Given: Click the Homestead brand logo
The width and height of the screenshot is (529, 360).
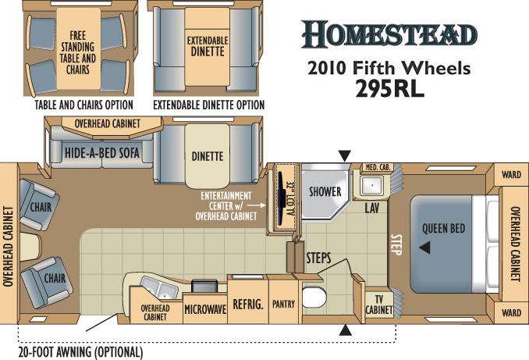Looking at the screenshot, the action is click(x=389, y=34).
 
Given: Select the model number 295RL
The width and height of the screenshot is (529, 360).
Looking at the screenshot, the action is click(x=389, y=89).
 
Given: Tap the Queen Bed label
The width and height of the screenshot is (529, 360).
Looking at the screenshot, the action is click(x=444, y=228).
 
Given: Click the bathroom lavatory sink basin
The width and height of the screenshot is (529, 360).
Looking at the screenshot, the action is click(x=371, y=185).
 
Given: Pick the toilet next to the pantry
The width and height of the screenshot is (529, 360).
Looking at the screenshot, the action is click(x=314, y=298).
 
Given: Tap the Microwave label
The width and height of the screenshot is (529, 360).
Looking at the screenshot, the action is click(x=205, y=309).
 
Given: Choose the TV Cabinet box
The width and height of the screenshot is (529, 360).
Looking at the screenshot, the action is click(x=379, y=305).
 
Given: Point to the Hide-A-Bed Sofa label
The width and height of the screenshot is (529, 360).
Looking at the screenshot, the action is click(x=102, y=153).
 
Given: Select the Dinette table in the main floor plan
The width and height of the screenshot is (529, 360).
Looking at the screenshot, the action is click(x=207, y=155).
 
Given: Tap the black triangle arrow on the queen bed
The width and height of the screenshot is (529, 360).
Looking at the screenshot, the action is click(x=425, y=248).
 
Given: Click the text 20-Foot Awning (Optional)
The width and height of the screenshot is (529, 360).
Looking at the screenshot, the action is click(x=80, y=352).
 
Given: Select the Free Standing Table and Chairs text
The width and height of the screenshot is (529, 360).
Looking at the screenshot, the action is click(x=78, y=52).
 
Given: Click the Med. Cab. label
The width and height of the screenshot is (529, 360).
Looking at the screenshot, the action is click(x=378, y=167).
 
